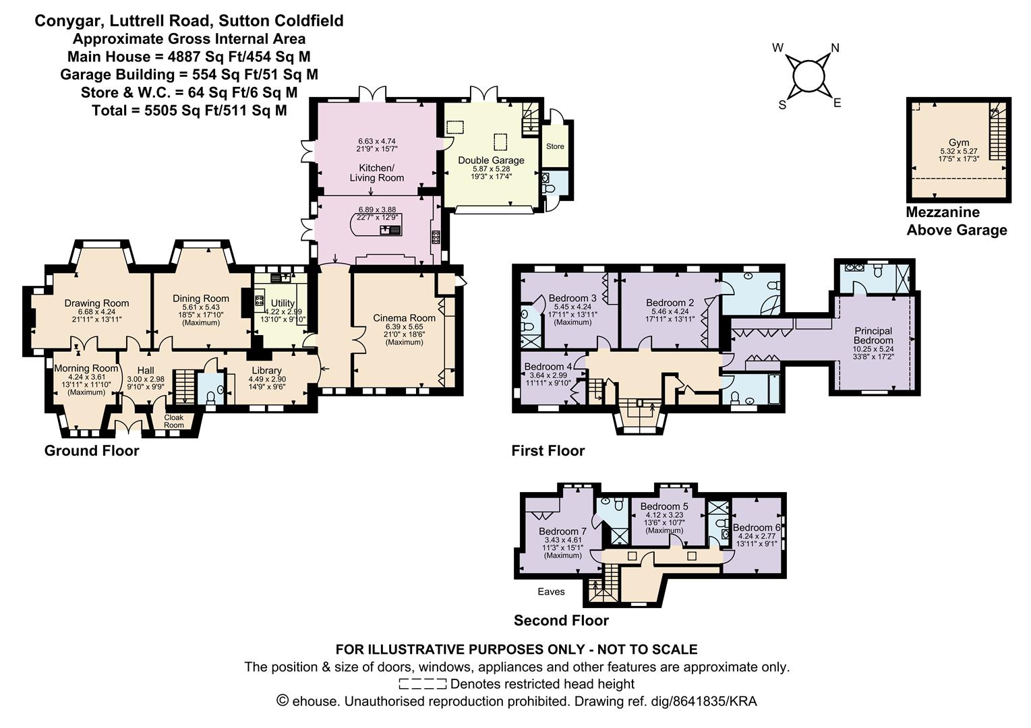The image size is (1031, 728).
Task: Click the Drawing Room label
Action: (96, 303)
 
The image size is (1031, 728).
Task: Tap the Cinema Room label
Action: (404, 317)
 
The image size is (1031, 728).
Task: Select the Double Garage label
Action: (491, 160)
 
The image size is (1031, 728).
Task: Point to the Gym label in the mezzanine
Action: (958, 142)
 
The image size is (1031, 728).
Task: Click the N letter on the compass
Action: (835, 48)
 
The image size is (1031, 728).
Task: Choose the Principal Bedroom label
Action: (873, 335)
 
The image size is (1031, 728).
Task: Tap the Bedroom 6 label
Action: (757, 527)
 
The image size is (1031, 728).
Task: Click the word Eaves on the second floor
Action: (551, 591)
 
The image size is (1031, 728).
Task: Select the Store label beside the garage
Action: (555, 146)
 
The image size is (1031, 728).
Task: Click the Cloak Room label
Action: (173, 421)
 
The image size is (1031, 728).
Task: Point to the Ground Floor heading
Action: (92, 450)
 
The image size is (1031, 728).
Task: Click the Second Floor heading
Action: (561, 620)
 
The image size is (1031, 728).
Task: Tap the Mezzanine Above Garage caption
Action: (955, 221)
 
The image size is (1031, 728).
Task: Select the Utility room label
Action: (283, 303)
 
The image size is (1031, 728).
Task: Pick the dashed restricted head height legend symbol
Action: (422, 684)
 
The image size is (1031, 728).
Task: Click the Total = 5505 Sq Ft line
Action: (189, 110)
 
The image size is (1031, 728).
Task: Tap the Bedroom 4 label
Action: (548, 366)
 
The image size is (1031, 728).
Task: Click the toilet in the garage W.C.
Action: (550, 189)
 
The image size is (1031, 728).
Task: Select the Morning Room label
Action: (86, 368)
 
